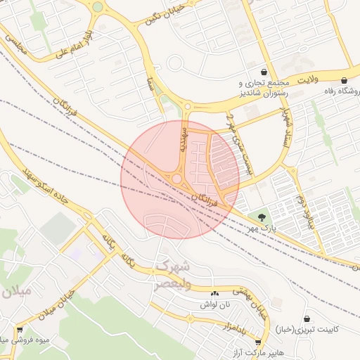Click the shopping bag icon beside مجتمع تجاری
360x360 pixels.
[x=264, y=72]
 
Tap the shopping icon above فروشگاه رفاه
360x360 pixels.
[x=344, y=80]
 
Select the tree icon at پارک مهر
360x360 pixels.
[x=262, y=217]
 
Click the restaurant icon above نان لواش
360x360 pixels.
[x=214, y=293]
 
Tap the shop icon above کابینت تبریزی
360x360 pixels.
[x=307, y=319]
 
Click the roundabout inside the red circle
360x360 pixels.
[x=175, y=179]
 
